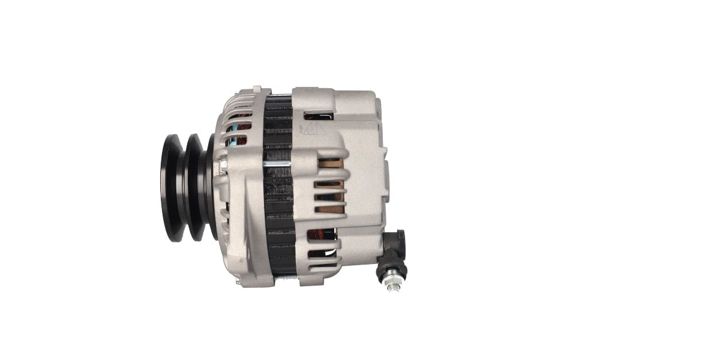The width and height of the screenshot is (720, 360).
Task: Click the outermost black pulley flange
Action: coord(171,188)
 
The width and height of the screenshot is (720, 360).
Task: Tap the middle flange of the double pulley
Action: coord(193,187)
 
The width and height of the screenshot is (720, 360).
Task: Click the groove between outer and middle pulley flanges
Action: coord(182,188)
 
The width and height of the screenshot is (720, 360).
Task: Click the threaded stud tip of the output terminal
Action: coord(393,286)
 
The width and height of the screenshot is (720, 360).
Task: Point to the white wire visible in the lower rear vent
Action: coord(318,239)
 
